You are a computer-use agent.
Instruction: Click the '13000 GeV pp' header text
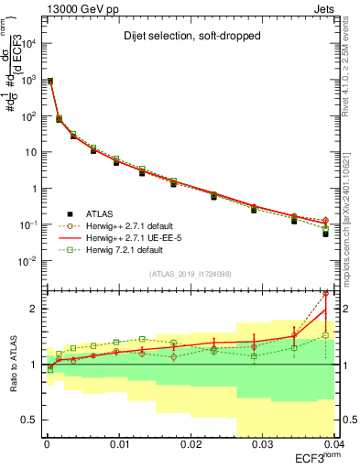pyautogui.click(x=78, y=7)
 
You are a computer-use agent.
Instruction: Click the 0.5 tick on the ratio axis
pyautogui.click(x=32, y=420)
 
